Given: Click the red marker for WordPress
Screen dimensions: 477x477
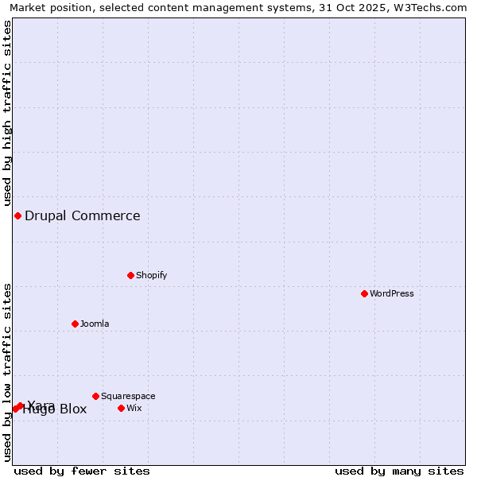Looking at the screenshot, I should point(364,293).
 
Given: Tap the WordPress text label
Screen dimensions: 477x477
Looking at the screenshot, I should point(392,293).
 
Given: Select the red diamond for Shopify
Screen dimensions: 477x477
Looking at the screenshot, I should point(130,275).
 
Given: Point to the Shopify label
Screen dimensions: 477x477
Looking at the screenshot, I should point(151,275).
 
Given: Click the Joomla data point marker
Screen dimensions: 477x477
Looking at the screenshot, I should point(75,324).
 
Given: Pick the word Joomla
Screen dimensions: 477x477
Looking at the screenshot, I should point(95,324).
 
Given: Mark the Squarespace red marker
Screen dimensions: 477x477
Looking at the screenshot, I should point(95,396).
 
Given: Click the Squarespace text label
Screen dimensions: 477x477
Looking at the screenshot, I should point(128,396).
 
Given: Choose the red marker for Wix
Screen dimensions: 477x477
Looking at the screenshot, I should point(121,408).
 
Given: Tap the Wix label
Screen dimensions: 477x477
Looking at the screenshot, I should point(134,408).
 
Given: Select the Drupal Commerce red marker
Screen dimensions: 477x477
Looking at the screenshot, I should point(17,215).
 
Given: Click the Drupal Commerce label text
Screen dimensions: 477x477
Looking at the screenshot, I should point(83,215).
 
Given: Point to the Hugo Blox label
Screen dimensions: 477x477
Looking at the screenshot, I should point(55,410).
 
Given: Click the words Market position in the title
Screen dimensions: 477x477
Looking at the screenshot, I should point(51,7).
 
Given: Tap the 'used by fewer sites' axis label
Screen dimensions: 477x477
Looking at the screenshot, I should point(82,471).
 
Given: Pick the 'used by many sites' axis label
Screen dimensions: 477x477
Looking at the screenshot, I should point(399,471).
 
